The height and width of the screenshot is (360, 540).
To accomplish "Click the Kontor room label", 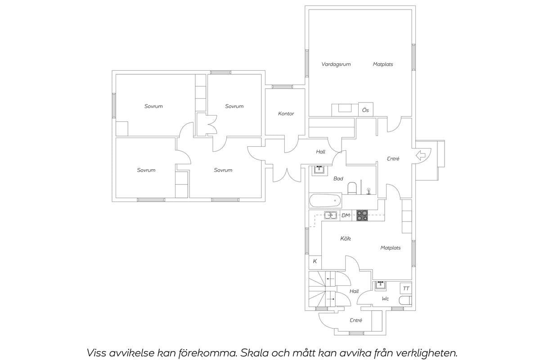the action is click(x=286, y=113).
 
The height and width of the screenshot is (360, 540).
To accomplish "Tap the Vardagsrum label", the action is click(x=336, y=64).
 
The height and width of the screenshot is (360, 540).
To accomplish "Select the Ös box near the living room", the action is click(x=366, y=110).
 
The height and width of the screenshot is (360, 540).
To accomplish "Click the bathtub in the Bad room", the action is click(x=325, y=200).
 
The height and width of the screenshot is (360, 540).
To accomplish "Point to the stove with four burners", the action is click(x=362, y=215).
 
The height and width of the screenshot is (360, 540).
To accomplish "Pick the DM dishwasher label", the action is click(x=346, y=215).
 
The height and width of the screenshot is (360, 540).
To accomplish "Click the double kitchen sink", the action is click(x=330, y=215).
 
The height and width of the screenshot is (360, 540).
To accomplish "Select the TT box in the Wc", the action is click(x=406, y=288).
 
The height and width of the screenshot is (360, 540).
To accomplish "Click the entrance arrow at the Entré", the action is click(x=421, y=156).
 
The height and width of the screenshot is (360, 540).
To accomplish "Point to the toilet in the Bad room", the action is click(x=352, y=188).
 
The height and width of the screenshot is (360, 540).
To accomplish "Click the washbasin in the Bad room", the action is click(x=320, y=170).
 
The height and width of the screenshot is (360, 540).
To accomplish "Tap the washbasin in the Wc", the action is click(x=381, y=285).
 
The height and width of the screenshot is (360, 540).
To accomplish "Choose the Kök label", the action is click(x=346, y=238).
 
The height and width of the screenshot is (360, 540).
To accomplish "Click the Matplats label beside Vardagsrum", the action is click(x=383, y=64).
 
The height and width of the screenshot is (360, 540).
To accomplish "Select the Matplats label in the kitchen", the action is click(x=391, y=248).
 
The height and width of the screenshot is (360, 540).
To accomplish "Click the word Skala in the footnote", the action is click(x=254, y=353).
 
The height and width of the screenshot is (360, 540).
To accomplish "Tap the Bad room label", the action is click(x=338, y=179).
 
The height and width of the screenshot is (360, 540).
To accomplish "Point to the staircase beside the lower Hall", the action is click(x=322, y=289).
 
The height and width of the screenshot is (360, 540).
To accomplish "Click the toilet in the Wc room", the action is click(x=405, y=301).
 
